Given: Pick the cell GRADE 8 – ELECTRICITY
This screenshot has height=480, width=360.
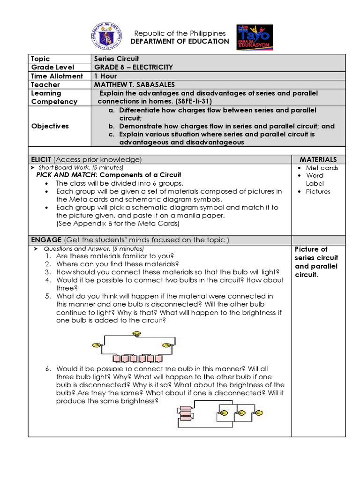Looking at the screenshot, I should (133, 67).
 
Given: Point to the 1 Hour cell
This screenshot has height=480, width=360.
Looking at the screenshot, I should (106, 76).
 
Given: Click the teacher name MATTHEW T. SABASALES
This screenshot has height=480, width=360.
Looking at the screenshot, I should (134, 84).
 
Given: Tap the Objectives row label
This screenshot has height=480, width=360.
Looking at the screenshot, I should (50, 126).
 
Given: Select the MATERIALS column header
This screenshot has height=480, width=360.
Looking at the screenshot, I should (318, 159).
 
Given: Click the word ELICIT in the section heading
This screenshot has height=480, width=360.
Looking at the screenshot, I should (41, 159).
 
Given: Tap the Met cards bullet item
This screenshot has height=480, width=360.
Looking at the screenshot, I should (322, 168).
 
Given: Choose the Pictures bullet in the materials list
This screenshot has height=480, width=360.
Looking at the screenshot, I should (318, 191).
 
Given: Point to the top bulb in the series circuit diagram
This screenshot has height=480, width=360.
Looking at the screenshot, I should (137, 333).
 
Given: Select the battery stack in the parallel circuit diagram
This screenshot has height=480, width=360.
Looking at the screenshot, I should (186, 412).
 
